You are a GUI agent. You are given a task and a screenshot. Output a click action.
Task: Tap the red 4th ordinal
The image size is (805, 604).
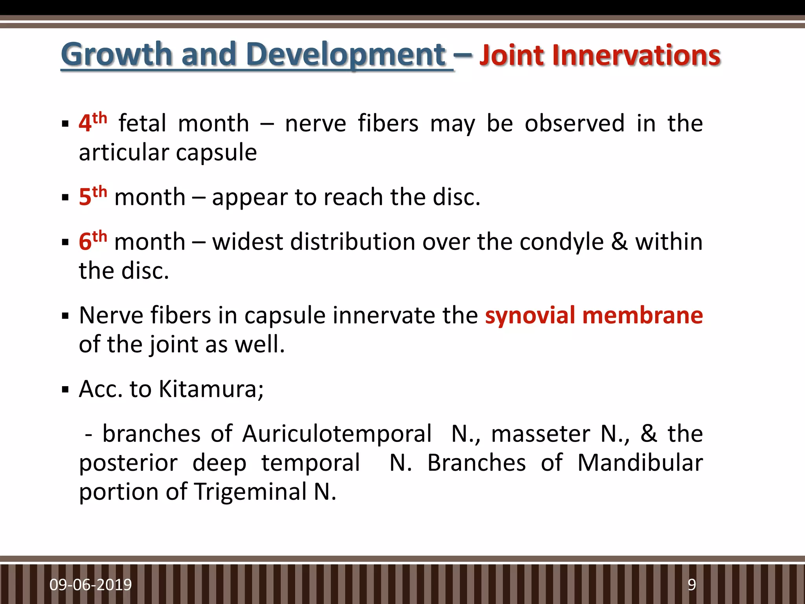click(x=93, y=122)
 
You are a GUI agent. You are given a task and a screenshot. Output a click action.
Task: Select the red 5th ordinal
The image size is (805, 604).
click(x=93, y=196)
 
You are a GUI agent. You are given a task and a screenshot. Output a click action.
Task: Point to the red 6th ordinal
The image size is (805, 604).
click(x=93, y=241)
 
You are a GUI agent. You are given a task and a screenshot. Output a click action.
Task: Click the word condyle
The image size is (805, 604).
click(x=561, y=241)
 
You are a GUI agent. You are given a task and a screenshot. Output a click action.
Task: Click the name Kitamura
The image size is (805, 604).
click(x=211, y=389)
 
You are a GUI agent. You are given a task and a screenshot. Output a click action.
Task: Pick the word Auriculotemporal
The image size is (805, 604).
click(x=337, y=434)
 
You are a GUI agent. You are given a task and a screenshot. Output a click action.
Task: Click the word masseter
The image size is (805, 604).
click(x=540, y=434)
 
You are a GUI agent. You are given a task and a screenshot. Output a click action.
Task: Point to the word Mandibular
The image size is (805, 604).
click(x=640, y=463)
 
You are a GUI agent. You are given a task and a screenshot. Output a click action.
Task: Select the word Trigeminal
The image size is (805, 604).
click(x=250, y=492)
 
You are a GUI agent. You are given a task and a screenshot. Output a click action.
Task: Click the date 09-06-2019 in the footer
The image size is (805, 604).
click(x=90, y=585)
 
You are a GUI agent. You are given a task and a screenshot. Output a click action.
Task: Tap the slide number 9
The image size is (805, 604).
click(x=691, y=585)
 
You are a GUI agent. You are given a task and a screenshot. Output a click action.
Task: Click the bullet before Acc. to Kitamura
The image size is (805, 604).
click(x=65, y=390)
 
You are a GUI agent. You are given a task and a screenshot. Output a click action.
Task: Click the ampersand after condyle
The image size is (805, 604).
click(x=619, y=241)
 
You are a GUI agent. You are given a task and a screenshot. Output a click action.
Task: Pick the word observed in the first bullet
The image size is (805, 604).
click(x=574, y=123)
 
